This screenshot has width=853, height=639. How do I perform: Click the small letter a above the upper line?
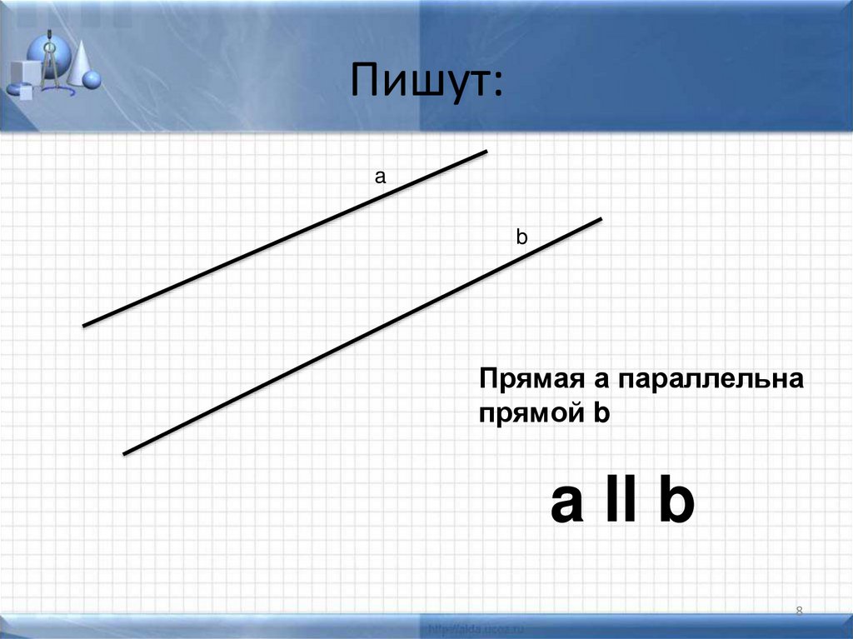[380, 177]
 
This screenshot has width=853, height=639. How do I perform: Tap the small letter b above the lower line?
[521, 237]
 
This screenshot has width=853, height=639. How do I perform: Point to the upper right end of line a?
[485, 152]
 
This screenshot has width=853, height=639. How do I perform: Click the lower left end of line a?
[85, 325]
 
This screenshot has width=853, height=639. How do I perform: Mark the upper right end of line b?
[600, 219]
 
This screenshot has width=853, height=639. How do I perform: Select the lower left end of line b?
[125, 453]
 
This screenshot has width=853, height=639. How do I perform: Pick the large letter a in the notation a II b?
[566, 502]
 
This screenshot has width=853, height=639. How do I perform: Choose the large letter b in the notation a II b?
[676, 502]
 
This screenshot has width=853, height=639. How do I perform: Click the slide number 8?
[799, 612]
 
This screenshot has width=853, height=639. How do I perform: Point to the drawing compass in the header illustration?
[49, 62]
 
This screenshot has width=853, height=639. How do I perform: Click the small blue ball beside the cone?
[92, 80]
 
